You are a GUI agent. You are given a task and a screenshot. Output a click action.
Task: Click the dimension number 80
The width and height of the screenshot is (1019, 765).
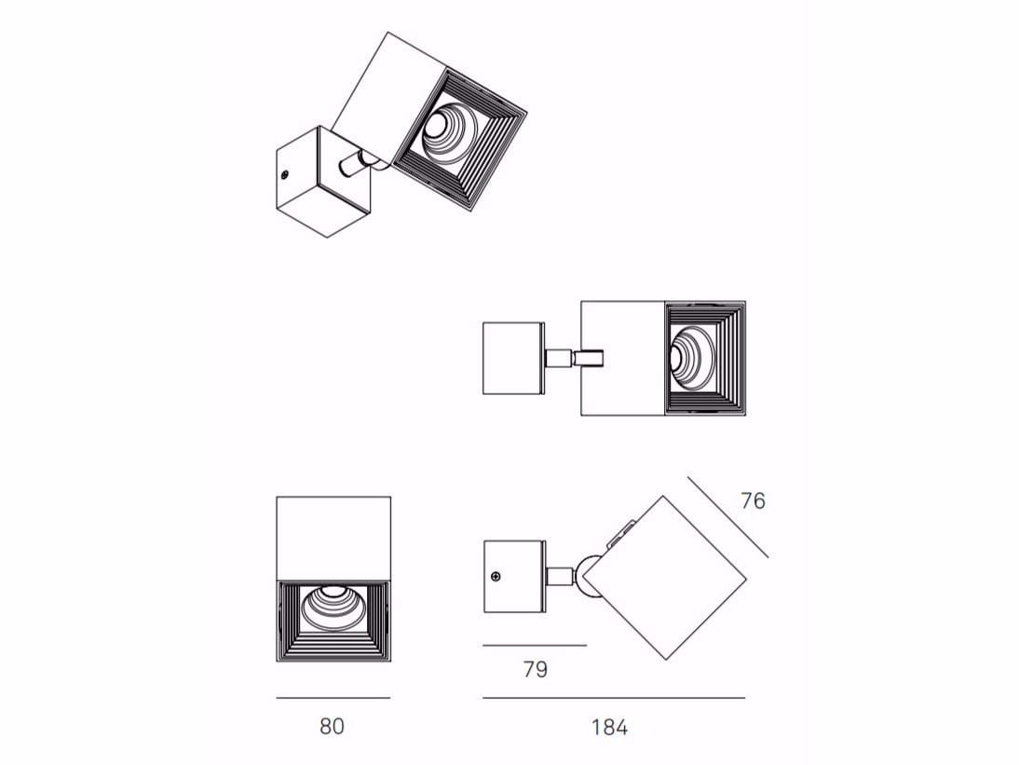332,726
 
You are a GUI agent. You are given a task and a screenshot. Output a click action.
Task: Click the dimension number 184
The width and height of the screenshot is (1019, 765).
609,728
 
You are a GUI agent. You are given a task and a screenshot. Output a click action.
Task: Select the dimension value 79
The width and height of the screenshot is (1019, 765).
536,669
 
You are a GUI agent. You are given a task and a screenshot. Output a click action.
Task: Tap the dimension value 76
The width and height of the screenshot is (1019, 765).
754,501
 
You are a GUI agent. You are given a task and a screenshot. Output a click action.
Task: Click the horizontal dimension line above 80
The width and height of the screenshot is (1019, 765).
333,698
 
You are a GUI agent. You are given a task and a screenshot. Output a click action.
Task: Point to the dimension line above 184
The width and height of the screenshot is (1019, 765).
614,698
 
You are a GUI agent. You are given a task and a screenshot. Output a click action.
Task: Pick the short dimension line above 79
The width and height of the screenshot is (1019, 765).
535,646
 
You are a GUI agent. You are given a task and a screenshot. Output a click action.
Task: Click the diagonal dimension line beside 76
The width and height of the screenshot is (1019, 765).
727,517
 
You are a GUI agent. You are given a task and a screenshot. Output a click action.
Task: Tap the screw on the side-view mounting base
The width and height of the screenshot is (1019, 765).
496,576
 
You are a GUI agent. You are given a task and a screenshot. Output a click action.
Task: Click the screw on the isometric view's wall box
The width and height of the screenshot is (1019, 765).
285,174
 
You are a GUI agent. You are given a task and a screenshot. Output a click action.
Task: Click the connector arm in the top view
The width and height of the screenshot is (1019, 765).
575,358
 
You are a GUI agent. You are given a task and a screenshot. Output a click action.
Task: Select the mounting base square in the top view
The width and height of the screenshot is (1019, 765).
513,358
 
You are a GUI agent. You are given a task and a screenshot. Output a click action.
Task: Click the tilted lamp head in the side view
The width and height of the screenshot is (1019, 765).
665,578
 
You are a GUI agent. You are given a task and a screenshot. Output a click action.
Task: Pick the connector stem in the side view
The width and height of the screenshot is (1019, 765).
560,577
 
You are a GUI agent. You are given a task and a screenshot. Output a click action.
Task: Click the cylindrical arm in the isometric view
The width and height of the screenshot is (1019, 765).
356,163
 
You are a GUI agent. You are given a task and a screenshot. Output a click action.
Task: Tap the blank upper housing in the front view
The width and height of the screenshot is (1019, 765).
333,539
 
